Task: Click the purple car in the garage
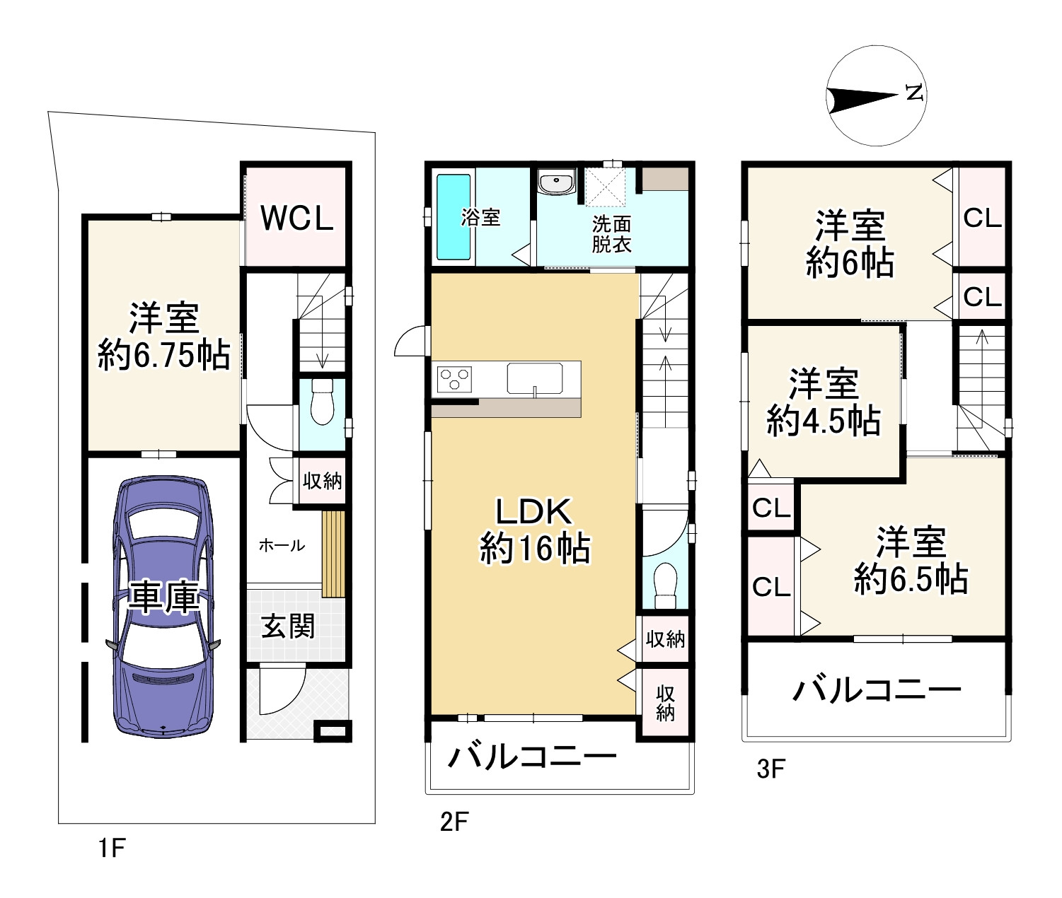163,607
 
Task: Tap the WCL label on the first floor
297,218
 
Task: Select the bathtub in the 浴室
453,217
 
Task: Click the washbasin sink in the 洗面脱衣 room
556,183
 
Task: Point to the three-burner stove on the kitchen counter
454,379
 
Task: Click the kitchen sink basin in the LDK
534,379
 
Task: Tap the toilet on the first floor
322,402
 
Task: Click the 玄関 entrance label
288,626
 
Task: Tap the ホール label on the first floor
282,545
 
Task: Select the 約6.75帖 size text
164,354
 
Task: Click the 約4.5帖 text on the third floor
824,421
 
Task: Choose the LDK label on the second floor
533,511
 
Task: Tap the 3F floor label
770,769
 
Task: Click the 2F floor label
454,822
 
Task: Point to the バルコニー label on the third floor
877,691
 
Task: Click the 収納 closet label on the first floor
322,481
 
